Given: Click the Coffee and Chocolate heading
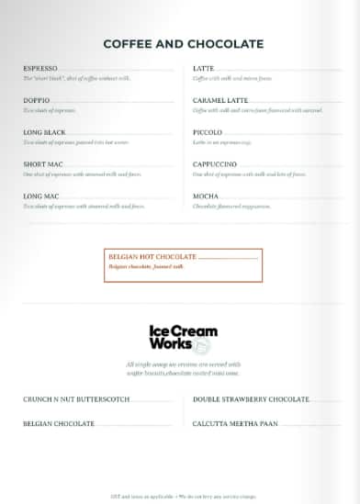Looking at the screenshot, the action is tap(183, 44).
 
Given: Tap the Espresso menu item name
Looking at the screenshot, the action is tap(40, 68).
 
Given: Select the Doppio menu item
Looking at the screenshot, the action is tap(37, 100).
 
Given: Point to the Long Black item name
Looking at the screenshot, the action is tap(45, 132).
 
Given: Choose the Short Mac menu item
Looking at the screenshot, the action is tap(42, 164).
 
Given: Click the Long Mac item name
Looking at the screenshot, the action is tap(41, 196).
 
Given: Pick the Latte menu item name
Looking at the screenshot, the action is tap(204, 68).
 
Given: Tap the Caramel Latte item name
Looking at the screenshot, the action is tap(220, 100).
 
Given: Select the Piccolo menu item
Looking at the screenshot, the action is tap(208, 132).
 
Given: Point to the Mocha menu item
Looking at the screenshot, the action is tap(206, 196).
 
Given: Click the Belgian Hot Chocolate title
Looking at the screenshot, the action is tap(152, 256).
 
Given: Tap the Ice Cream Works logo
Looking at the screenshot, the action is tap(181, 338).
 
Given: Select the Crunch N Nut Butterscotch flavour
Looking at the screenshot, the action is tap(76, 399).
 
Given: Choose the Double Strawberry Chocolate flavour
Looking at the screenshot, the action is tap(251, 399).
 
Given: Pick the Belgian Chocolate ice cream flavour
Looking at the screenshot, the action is tap(59, 423).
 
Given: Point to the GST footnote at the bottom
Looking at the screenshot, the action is tap(180, 494).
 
